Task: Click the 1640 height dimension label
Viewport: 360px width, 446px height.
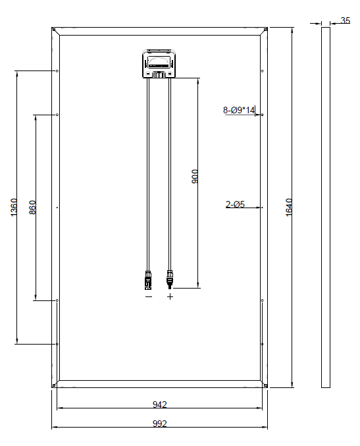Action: pyautogui.click(x=288, y=208)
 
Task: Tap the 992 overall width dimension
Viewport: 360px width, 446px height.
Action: pyautogui.click(x=160, y=424)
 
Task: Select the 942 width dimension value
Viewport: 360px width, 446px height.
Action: pyautogui.click(x=160, y=404)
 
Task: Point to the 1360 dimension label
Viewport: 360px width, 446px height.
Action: pyautogui.click(x=14, y=208)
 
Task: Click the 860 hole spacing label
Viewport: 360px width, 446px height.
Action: pyautogui.click(x=33, y=208)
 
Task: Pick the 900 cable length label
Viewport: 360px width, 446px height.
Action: pyautogui.click(x=195, y=177)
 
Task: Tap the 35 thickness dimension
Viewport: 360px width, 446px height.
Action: pyautogui.click(x=346, y=20)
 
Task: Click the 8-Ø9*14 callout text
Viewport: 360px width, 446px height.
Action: pyautogui.click(x=239, y=110)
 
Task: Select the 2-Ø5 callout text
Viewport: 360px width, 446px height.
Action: pyautogui.click(x=235, y=204)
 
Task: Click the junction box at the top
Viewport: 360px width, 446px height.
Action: pyautogui.click(x=159, y=64)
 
